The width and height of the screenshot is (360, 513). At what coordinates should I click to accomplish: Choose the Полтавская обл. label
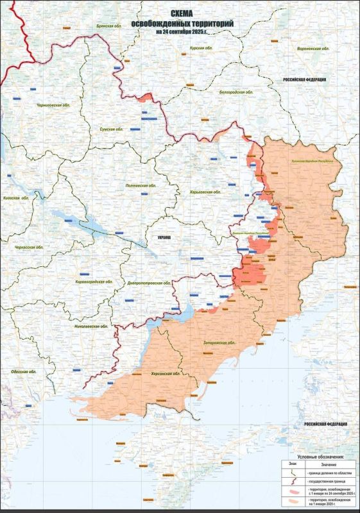(x=141, y=185)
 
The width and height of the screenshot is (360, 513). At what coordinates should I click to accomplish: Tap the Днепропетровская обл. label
(x=149, y=282)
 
